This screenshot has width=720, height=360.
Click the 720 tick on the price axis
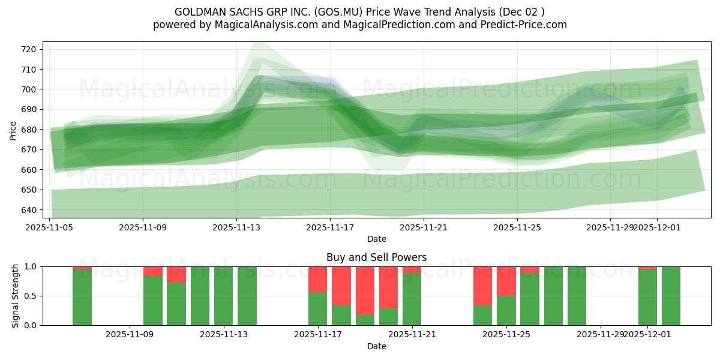pyautogui.click(x=29, y=49)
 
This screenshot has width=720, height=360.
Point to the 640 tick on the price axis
pyautogui.click(x=29, y=210)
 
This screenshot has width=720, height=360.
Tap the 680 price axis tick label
pyautogui.click(x=29, y=130)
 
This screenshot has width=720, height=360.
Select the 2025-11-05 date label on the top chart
pyautogui.click(x=49, y=227)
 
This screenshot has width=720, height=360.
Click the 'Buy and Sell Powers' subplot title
pyautogui.click(x=376, y=257)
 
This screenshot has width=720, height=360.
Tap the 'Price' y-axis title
pyautogui.click(x=13, y=130)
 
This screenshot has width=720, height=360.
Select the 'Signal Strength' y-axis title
pyautogui.click(x=16, y=296)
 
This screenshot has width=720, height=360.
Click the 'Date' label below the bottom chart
pyautogui.click(x=376, y=346)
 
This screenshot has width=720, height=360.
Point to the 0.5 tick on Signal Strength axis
pyautogui.click(x=31, y=296)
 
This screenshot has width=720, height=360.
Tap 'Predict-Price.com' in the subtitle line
pyautogui.click(x=523, y=25)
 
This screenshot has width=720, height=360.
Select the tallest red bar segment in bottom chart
pyautogui.click(x=365, y=290)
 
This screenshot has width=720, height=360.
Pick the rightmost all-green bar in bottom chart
pyautogui.click(x=671, y=296)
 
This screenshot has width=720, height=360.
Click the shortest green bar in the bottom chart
pyautogui.click(x=365, y=320)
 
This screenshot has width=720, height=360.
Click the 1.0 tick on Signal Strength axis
pyautogui.click(x=31, y=266)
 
